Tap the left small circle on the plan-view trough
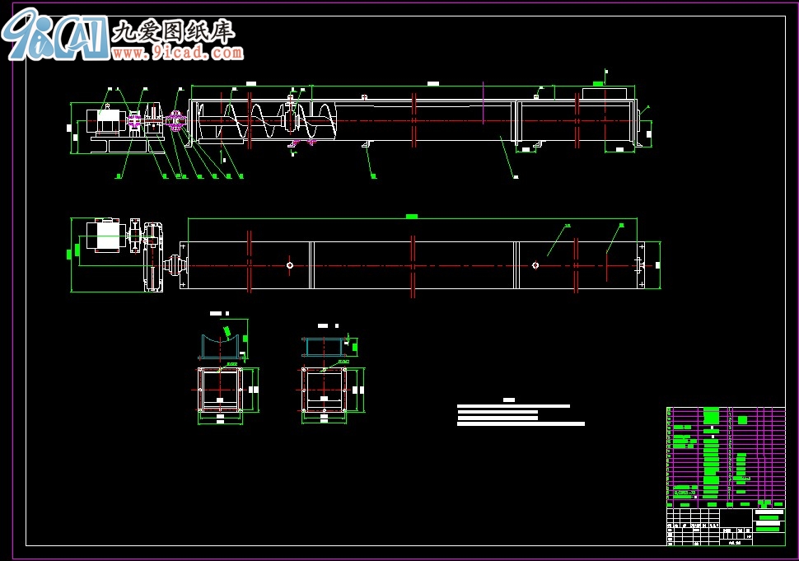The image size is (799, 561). click(x=290, y=265)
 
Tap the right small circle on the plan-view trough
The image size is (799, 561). click(x=535, y=265)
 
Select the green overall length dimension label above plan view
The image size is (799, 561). click(x=412, y=217)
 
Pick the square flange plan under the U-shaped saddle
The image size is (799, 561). click(x=219, y=389)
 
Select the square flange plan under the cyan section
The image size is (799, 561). click(x=323, y=389)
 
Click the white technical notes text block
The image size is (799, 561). click(x=519, y=414)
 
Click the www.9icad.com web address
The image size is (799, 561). click(x=178, y=53)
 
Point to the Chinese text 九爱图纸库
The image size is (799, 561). click(x=173, y=31)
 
